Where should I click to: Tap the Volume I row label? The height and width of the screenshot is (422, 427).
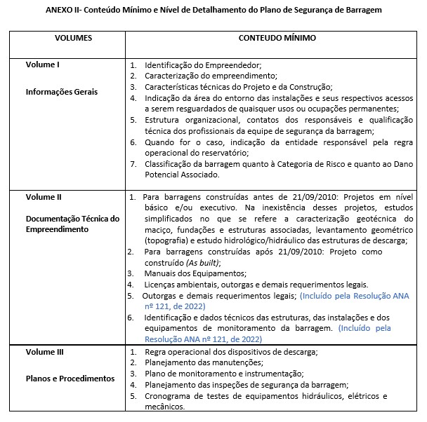(x=43, y=64)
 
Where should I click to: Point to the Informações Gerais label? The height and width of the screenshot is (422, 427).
(x=62, y=92)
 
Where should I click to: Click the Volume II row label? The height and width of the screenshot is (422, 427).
(x=44, y=197)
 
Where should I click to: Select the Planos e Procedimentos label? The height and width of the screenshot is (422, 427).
(x=70, y=379)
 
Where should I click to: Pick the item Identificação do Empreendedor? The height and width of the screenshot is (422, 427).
(x=203, y=64)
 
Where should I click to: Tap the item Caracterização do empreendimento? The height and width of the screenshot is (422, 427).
(x=211, y=75)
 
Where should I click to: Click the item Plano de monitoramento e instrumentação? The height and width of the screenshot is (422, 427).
(x=224, y=374)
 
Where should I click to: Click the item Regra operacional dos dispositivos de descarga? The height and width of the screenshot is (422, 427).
(x=231, y=351)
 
